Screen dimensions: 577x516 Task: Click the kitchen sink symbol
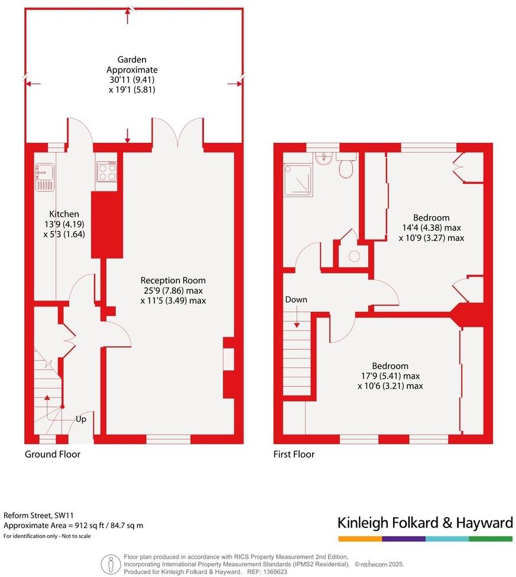tap(44, 177)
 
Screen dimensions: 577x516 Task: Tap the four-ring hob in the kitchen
tap(106, 171)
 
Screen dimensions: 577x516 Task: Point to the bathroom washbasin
tap(323, 159)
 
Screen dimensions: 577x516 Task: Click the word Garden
tap(131, 60)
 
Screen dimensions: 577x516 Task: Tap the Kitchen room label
tap(64, 214)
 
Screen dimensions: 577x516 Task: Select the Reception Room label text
tap(173, 280)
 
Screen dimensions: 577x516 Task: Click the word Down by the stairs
tap(296, 299)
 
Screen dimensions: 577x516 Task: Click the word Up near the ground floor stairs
tap(80, 419)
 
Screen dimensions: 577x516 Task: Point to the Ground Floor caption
tap(52, 454)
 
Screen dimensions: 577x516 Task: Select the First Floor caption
tap(294, 454)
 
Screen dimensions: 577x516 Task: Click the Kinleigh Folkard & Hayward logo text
tap(424, 523)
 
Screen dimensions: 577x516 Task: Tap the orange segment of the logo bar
tap(360, 539)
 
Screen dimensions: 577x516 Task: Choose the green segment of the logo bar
tap(491, 539)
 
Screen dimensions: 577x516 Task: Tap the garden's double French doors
tap(178, 131)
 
